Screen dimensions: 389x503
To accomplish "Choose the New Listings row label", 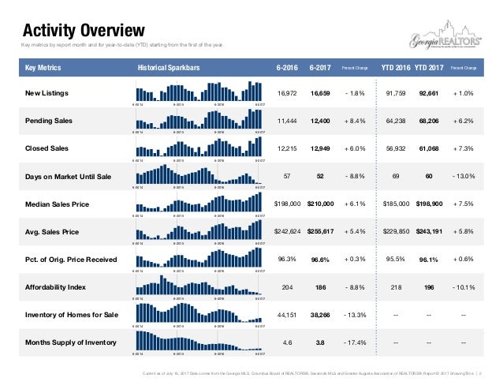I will (x=47, y=94).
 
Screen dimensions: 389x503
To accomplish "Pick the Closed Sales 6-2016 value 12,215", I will (x=288, y=149).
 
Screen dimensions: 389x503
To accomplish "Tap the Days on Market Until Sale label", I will (x=69, y=177).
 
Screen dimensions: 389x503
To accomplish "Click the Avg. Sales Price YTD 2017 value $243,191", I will (x=429, y=232).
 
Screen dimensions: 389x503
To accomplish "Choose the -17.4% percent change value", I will (x=353, y=342).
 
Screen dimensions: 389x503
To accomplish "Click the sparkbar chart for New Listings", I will (x=198, y=92).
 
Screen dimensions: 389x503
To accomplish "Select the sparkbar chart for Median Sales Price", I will (x=198, y=203).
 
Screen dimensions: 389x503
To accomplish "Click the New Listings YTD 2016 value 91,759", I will (x=397, y=94).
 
